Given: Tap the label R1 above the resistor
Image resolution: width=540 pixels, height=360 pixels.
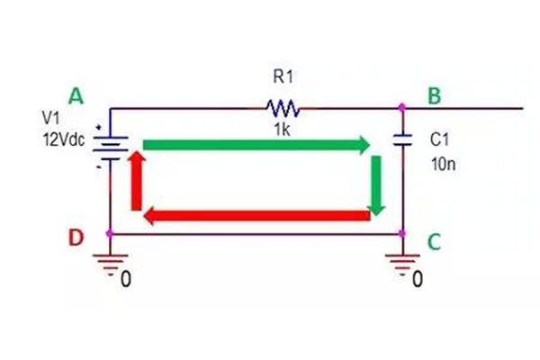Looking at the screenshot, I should [x=283, y=77].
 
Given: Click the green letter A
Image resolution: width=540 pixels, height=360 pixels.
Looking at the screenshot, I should [x=76, y=95].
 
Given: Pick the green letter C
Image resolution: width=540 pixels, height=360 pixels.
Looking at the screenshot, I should [x=435, y=241].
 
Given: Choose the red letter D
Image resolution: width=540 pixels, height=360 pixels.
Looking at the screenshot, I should [x=76, y=239].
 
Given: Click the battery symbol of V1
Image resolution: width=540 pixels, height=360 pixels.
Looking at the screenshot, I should [x=110, y=145].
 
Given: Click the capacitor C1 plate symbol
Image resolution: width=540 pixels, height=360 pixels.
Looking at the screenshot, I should [x=402, y=140].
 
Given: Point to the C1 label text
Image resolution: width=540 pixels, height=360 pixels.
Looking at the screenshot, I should [x=439, y=140].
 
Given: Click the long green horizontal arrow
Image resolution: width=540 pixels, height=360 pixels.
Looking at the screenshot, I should [x=256, y=144].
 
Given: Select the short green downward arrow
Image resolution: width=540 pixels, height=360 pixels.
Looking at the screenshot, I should [x=377, y=184].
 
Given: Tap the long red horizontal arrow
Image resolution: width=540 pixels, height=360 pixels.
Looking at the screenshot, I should [x=256, y=216].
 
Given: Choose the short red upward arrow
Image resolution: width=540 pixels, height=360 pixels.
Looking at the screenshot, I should [x=137, y=180].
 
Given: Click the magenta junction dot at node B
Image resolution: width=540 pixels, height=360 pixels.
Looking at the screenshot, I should [x=402, y=108].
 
